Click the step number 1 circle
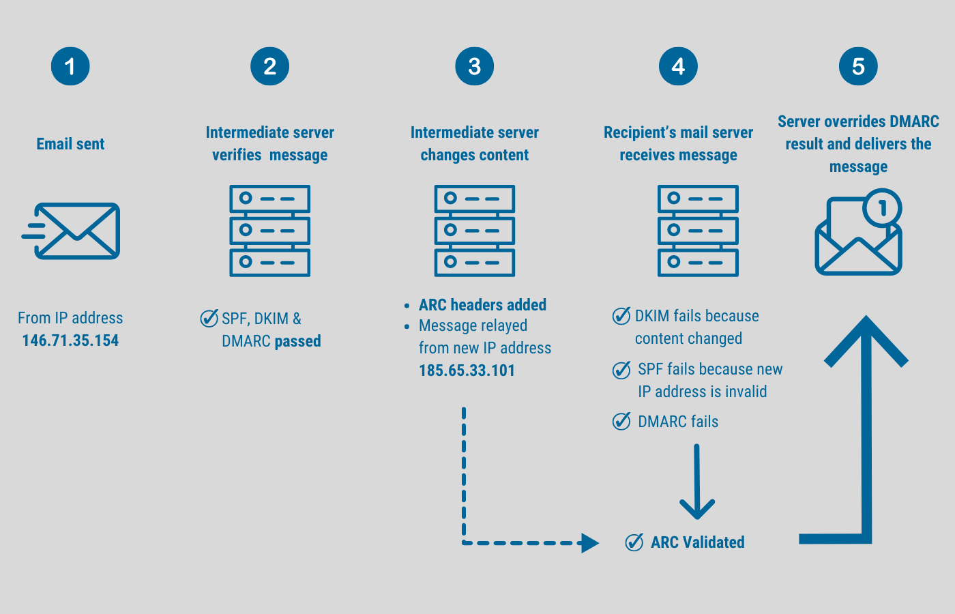(70, 66)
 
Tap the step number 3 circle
(474, 66)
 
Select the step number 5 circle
(858, 66)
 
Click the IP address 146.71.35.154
(70, 340)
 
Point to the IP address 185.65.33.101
(467, 370)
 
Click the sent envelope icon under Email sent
(72, 231)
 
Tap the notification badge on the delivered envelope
(882, 209)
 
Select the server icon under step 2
(269, 231)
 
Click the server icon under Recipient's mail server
(697, 231)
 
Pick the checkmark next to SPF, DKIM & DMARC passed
(209, 318)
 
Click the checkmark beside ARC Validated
(634, 542)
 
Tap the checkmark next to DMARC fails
(621, 422)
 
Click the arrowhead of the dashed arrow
(589, 543)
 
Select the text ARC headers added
(482, 305)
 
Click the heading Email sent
(70, 144)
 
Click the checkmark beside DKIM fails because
(621, 316)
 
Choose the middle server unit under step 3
(474, 231)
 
